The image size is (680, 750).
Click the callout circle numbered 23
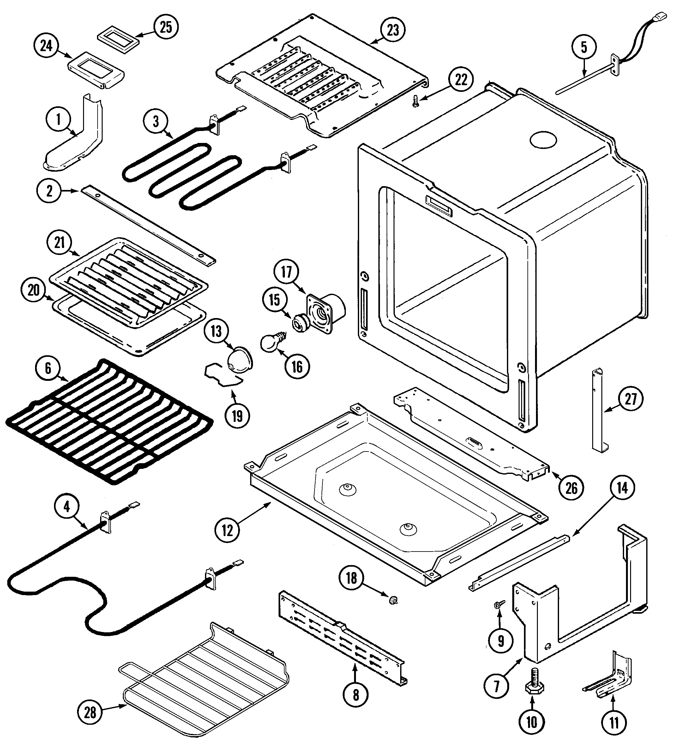click(x=393, y=30)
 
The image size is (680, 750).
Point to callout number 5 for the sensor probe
click(x=584, y=47)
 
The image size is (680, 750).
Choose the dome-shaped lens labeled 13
click(x=239, y=360)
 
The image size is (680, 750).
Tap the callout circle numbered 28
click(x=90, y=712)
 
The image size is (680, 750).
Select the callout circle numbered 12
click(x=227, y=530)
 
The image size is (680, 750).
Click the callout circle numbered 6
click(x=48, y=368)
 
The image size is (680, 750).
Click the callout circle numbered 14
click(x=622, y=488)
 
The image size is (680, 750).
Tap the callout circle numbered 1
click(x=58, y=120)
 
